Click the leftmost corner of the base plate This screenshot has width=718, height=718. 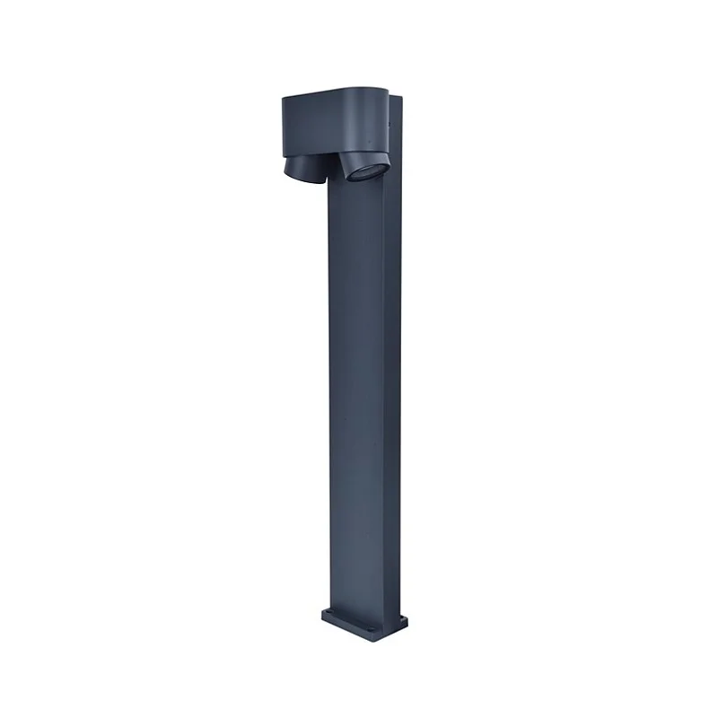(x=322, y=616)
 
